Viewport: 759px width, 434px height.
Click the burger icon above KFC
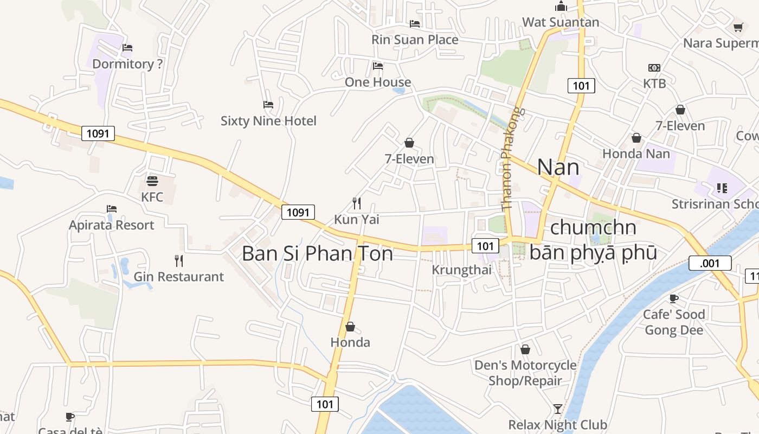(x=152, y=181)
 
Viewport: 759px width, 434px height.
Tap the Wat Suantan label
(x=561, y=22)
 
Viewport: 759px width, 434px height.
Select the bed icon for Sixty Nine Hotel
(x=268, y=104)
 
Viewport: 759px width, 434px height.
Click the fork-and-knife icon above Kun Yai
(x=357, y=203)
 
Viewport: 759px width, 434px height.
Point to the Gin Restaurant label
(x=178, y=277)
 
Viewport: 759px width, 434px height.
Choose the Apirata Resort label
(x=111, y=225)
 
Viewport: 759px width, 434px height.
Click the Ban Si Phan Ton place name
(x=317, y=253)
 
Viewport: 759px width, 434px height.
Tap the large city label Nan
(x=558, y=167)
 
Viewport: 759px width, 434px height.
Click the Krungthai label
(x=461, y=270)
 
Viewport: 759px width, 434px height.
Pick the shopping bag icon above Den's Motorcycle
(x=525, y=349)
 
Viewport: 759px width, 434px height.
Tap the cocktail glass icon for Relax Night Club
(x=558, y=409)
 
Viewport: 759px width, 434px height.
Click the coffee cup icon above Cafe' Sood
(x=673, y=298)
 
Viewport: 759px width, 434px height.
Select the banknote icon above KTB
(x=654, y=68)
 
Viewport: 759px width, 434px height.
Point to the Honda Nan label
(x=636, y=154)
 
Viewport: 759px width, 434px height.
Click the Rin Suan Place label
(x=415, y=40)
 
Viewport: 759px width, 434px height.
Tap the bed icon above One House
(x=378, y=66)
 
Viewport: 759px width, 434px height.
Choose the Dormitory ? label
(x=127, y=64)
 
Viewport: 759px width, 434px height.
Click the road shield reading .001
(x=710, y=264)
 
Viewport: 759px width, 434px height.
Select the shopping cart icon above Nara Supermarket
(x=738, y=27)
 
